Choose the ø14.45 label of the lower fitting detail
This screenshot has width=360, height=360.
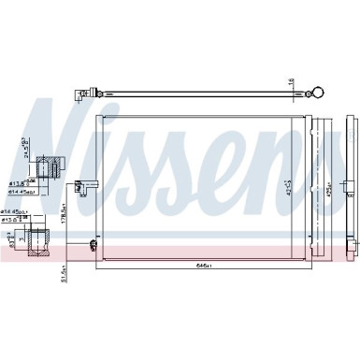[x=17, y=213]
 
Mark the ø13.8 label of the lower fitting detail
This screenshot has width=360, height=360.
[x=17, y=221]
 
